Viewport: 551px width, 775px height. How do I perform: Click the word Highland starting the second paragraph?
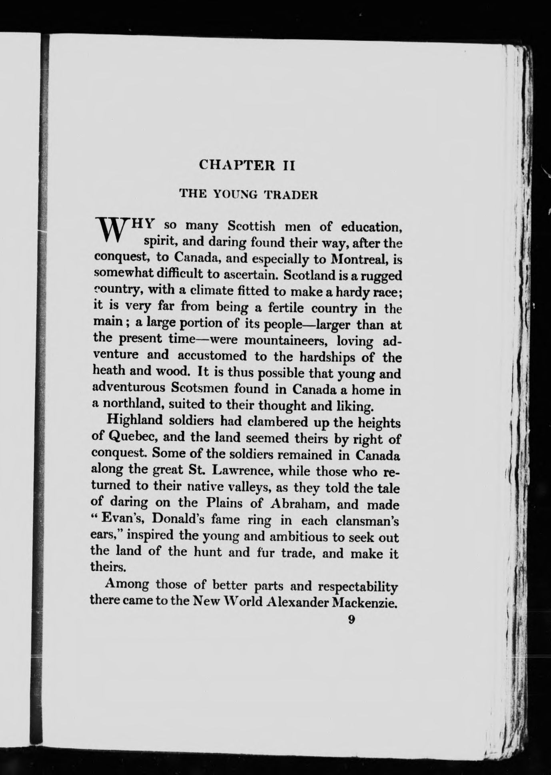click(133, 421)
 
